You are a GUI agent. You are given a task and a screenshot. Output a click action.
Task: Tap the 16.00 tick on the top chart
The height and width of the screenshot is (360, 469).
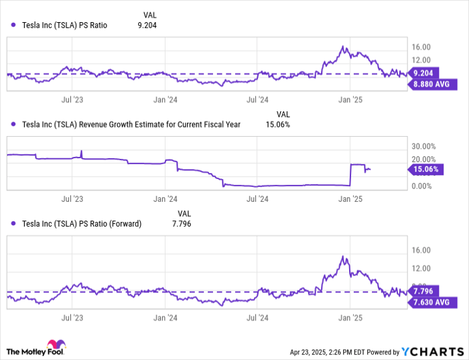click(421, 47)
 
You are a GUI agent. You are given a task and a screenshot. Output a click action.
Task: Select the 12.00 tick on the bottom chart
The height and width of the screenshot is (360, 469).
click(421, 268)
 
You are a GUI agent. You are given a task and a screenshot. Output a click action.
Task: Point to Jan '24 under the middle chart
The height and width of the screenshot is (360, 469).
click(165, 199)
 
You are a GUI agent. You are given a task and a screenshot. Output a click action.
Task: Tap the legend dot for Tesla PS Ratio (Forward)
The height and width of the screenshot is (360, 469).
click(13, 224)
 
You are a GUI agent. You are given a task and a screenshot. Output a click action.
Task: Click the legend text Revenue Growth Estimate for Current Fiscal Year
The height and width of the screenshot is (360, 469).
click(131, 124)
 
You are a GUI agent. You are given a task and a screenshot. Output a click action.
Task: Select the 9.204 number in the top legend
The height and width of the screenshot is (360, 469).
click(149, 25)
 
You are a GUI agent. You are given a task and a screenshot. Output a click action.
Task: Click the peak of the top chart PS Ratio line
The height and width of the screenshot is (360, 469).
click(343, 47)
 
